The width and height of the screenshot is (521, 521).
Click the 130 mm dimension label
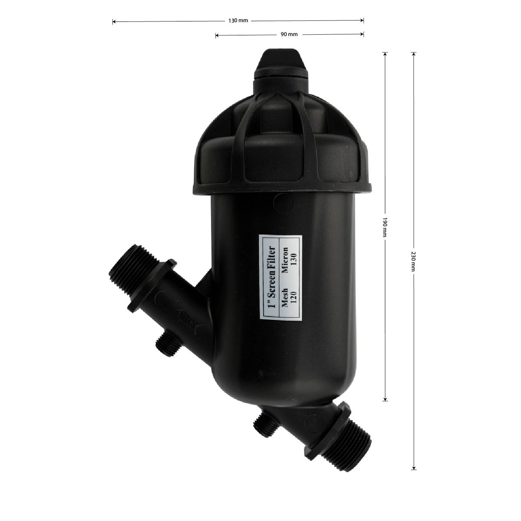pos(238,20)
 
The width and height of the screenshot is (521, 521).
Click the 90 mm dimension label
pos(289,34)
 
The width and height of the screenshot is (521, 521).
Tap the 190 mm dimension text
pos(385,227)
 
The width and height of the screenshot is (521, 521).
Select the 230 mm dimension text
pos(413,262)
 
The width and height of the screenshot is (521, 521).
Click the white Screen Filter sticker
pos(280,277)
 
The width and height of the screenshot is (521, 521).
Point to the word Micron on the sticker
pos(285,260)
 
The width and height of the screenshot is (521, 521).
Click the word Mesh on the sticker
pos(285,298)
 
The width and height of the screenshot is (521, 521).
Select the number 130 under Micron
pos(294,259)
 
